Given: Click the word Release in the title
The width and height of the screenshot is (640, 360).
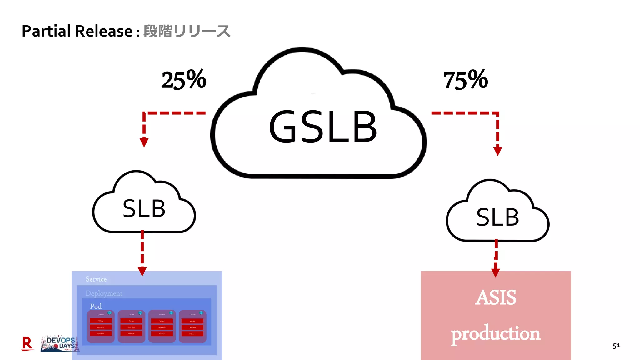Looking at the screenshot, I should [x=104, y=31].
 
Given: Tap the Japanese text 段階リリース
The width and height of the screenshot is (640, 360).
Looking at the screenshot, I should [x=187, y=31].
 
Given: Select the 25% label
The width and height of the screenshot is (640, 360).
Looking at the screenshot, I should [x=184, y=80].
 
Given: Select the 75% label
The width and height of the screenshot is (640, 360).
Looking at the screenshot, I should [x=465, y=80].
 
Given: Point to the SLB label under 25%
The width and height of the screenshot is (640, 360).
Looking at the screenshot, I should [x=144, y=209].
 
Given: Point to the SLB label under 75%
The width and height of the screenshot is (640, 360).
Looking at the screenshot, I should [x=497, y=217].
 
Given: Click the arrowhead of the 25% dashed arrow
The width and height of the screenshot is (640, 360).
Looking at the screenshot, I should [x=144, y=142].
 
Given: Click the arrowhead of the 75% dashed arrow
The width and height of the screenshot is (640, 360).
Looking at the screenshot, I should [x=497, y=151].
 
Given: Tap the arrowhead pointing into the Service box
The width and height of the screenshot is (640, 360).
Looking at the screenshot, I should [x=142, y=271].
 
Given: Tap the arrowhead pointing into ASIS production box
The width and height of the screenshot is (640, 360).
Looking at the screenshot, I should [x=495, y=272].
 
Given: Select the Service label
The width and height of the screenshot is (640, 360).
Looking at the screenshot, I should [x=96, y=279].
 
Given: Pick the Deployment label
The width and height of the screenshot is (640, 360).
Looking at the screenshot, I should [x=104, y=293].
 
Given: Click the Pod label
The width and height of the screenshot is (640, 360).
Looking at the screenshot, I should [x=96, y=306].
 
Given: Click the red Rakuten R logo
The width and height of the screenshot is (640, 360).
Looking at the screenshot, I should [x=27, y=343].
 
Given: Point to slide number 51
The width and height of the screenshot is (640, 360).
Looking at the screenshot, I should [x=616, y=346].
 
